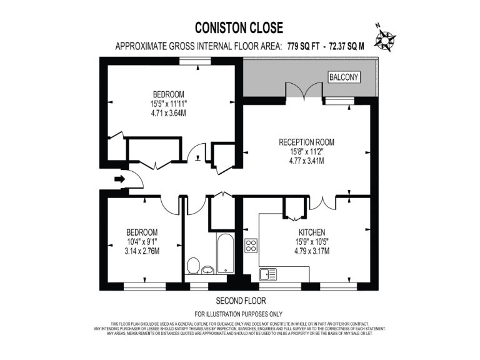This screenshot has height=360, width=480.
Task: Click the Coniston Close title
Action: click(x=239, y=27)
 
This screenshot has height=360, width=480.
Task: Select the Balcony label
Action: click(x=344, y=77)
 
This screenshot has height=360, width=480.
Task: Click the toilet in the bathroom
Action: click(x=193, y=265)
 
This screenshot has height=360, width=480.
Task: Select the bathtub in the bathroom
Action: click(x=225, y=254)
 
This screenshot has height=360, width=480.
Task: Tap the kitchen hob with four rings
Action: click(x=251, y=246)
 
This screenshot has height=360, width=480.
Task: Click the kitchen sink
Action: click(x=268, y=273)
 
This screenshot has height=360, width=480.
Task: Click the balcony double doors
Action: click(x=305, y=91)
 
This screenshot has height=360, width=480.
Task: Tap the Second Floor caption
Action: click(x=239, y=299)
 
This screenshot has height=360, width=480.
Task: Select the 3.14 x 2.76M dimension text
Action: click(x=142, y=251)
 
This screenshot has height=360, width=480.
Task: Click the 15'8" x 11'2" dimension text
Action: click(x=306, y=151)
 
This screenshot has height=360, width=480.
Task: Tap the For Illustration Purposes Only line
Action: click(x=239, y=314)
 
